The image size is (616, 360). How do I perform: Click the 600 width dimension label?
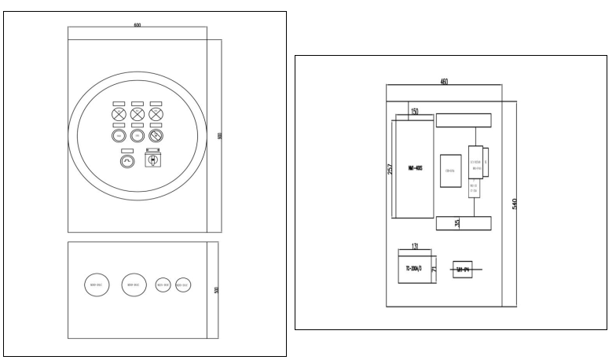point(137,26)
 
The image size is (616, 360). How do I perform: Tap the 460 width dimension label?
point(445,82)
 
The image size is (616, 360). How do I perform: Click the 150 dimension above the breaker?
point(414,111)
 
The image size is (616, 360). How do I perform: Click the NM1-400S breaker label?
point(413,169)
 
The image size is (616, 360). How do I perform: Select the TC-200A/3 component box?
point(415,267)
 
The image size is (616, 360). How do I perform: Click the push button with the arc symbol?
point(127,161)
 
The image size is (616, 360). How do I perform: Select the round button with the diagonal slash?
point(156,137)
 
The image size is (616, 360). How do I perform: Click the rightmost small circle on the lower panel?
point(183,285)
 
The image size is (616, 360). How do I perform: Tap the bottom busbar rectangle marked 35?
point(464,222)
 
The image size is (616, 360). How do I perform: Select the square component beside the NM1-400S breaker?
point(451,170)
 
